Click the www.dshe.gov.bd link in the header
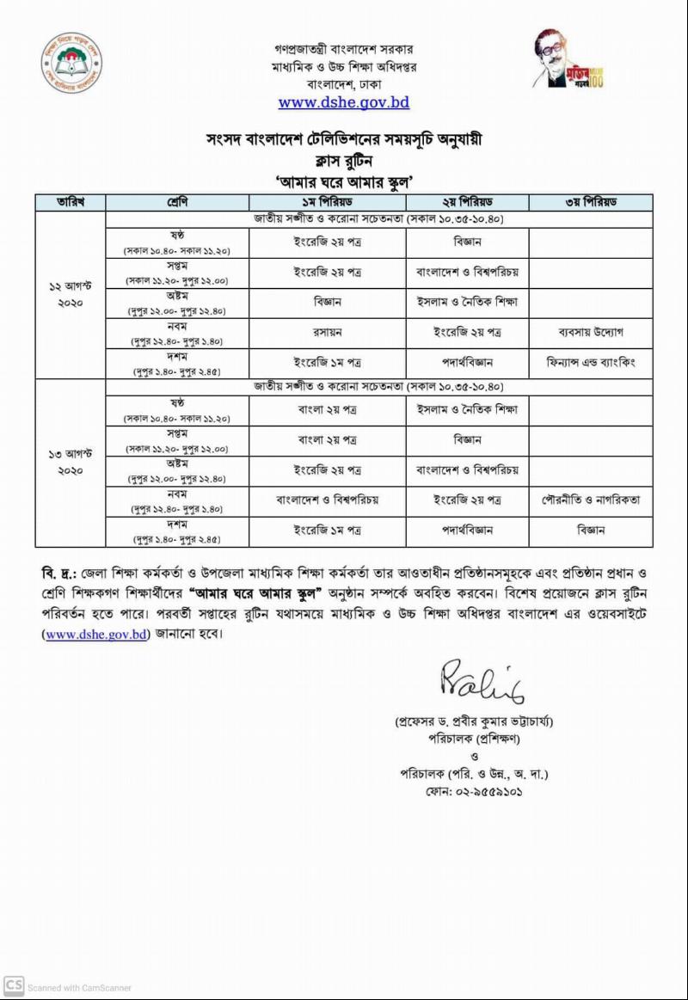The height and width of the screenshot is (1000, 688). [x=343, y=102]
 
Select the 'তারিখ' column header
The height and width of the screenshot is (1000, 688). [x=70, y=203]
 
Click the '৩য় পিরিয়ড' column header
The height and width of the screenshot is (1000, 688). [x=590, y=203]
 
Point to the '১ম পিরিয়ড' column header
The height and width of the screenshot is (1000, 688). [x=327, y=203]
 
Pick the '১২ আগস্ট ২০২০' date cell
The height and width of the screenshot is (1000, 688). [x=70, y=295]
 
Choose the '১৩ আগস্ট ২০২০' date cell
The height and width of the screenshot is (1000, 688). [x=70, y=462]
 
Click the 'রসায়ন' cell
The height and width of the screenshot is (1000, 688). [x=327, y=332]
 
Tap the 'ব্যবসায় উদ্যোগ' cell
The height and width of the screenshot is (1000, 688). [x=590, y=332]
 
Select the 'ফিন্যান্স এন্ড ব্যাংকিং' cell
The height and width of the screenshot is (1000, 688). [x=590, y=362]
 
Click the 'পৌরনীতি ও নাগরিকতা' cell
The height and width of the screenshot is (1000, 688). [x=590, y=500]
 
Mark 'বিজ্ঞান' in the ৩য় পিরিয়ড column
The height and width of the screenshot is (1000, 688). [x=590, y=531]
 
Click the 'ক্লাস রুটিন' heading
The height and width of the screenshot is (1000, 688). [x=344, y=160]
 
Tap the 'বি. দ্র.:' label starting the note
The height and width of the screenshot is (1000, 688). [x=59, y=574]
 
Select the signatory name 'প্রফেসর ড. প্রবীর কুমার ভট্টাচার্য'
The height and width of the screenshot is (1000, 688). [x=474, y=721]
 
